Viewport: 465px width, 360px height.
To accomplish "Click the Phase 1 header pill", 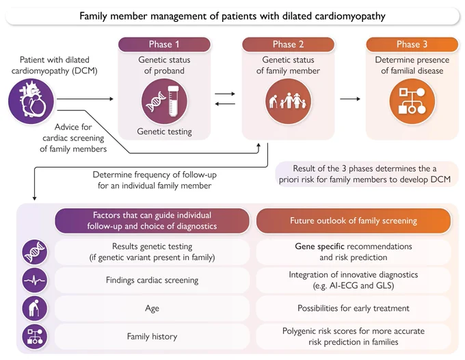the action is tap(164, 44).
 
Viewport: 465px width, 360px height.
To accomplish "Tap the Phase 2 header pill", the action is tap(289, 44).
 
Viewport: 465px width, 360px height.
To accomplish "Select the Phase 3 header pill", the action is tap(412, 44).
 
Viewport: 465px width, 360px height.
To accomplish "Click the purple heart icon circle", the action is tap(31, 101).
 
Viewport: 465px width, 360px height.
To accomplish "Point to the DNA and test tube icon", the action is tap(165, 101).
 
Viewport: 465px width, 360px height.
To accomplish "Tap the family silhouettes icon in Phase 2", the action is tap(289, 101).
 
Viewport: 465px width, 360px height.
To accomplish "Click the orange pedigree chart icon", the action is tap(412, 101).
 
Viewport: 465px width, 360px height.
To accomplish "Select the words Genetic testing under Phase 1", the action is tap(164, 131).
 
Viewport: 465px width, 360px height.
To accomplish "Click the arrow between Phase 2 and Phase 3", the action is tap(350, 99).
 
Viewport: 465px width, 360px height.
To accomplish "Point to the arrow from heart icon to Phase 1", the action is tap(85, 99).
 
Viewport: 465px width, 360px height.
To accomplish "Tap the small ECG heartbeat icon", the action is tap(35, 280).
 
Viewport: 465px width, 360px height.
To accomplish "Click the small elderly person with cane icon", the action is tap(35, 309).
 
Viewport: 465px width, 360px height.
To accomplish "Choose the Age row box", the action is tap(152, 309).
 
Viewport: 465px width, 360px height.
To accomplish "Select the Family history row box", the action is tap(152, 337).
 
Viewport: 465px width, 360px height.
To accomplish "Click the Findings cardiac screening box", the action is tap(152, 280).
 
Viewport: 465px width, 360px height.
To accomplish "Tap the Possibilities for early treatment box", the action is tap(354, 309).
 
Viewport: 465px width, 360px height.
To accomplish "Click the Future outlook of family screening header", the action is tap(354, 221).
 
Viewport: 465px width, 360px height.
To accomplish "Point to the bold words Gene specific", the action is tap(319, 246).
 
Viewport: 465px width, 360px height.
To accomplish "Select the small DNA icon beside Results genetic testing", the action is tap(35, 252).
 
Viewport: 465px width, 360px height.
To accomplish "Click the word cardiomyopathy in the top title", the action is tap(350, 16).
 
